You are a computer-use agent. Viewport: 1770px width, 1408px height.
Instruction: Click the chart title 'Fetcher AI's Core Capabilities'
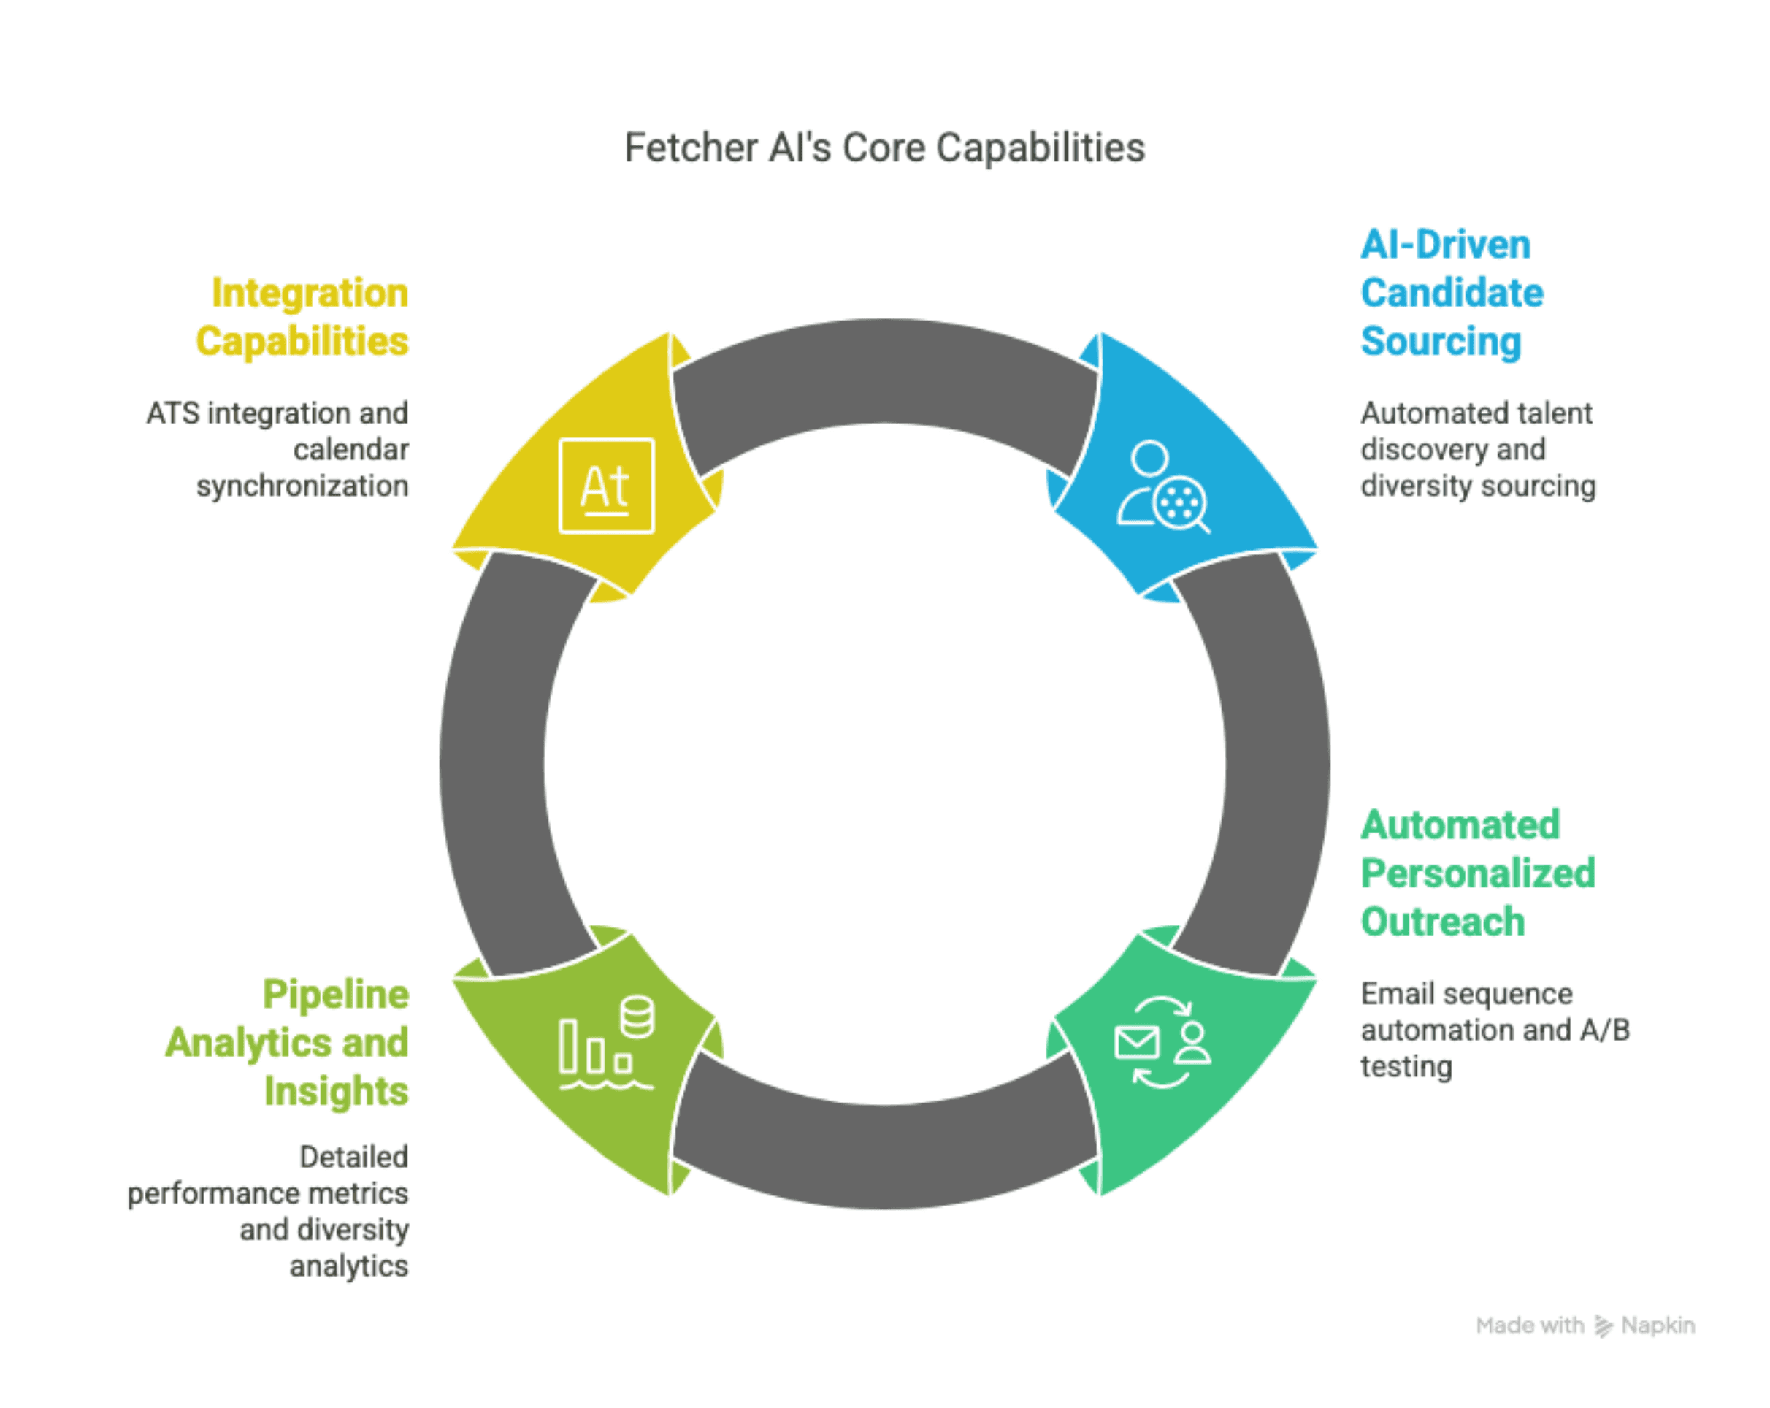point(884,148)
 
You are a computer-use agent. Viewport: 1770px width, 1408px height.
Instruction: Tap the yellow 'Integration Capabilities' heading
point(302,317)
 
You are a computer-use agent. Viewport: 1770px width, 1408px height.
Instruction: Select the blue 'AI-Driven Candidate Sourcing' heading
point(1452,293)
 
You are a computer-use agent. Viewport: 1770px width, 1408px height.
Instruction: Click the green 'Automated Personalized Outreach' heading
point(1478,873)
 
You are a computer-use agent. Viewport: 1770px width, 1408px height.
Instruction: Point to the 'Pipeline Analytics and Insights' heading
point(288,1042)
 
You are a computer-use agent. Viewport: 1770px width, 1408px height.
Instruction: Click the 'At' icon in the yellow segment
point(606,486)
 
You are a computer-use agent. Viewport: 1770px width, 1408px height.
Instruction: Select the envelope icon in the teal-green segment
point(1137,1043)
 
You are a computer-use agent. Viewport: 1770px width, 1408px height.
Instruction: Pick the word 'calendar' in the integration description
point(350,450)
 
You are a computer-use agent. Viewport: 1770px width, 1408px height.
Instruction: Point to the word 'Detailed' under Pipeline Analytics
point(354,1157)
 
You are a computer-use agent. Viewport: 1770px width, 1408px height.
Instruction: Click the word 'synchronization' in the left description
point(302,486)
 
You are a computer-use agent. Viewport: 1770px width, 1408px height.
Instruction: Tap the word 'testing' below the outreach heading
point(1406,1066)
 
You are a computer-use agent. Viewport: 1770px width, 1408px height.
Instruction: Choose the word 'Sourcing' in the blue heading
point(1441,342)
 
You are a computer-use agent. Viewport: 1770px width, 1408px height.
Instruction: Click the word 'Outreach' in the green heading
point(1442,921)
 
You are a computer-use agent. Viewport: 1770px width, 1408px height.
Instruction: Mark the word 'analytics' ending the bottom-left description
point(348,1266)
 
